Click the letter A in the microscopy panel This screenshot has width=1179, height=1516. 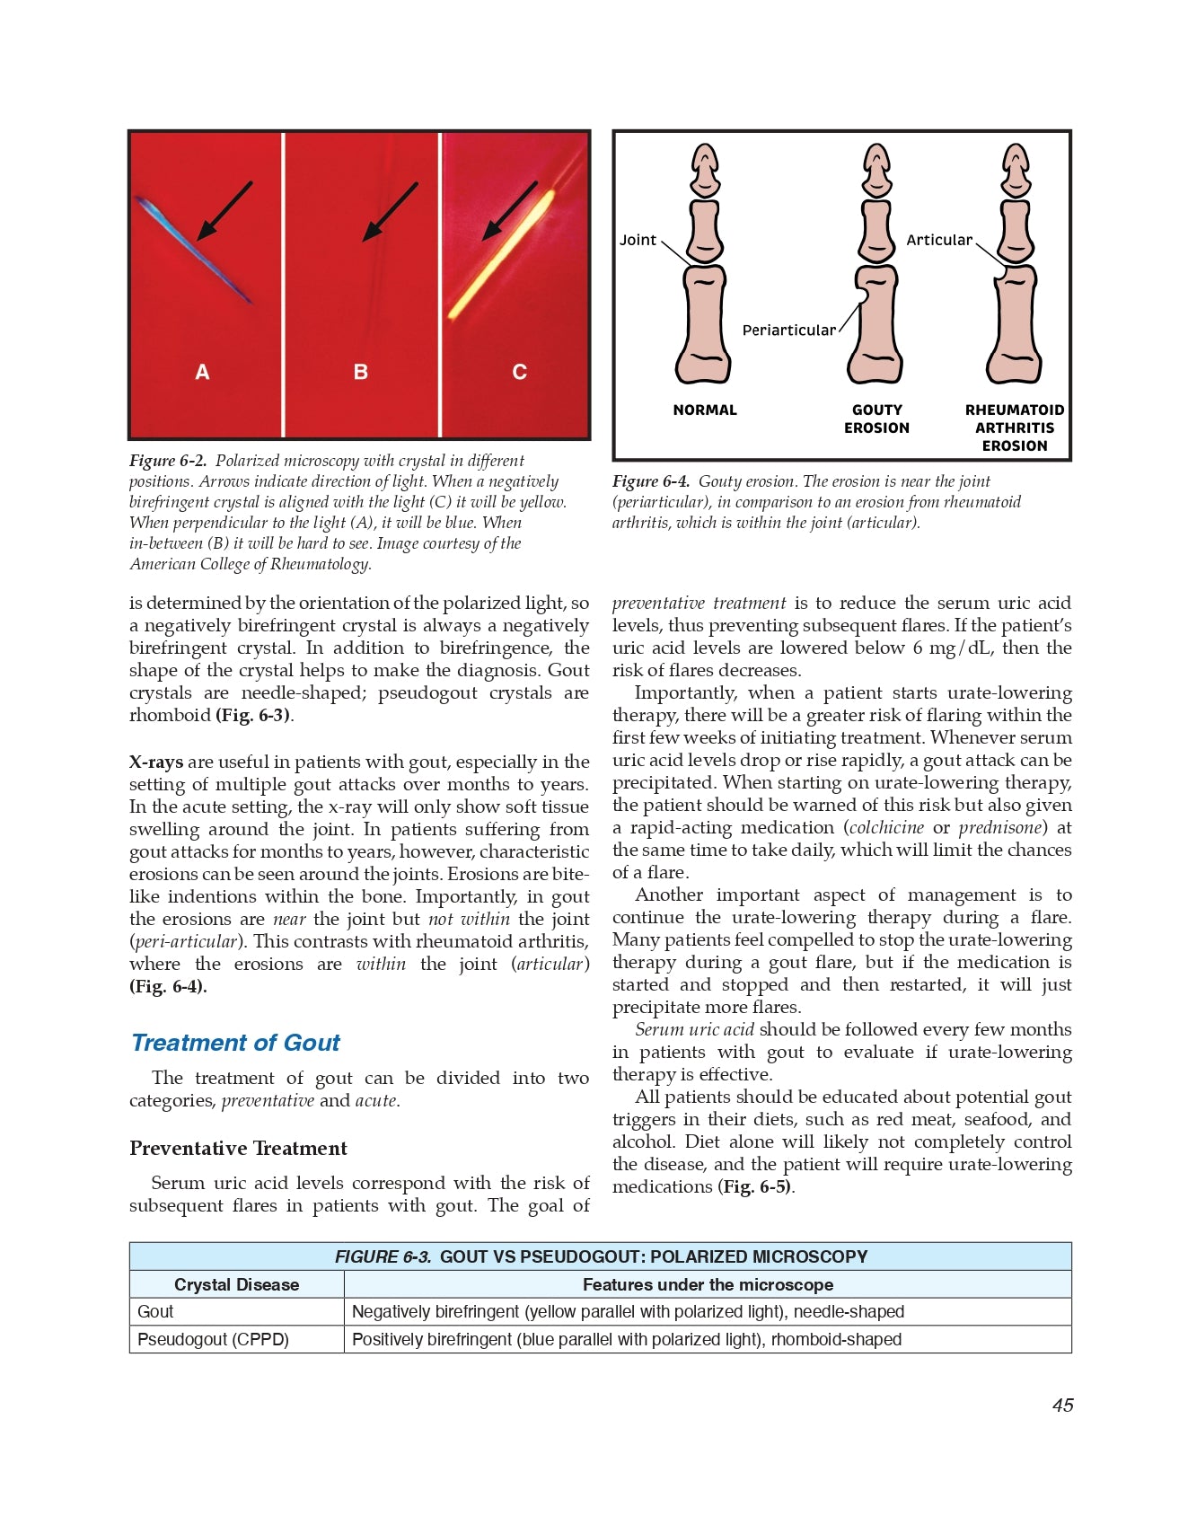[202, 372]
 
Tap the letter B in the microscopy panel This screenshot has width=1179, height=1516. [361, 372]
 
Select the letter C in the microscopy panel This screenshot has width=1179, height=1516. [519, 372]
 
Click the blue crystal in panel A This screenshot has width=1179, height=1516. [194, 251]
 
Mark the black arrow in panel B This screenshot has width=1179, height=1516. [390, 212]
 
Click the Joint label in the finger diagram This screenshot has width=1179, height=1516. [638, 240]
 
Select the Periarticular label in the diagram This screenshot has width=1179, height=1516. [788, 331]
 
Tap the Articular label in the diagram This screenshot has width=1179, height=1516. [938, 240]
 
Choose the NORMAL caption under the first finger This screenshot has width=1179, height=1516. [705, 410]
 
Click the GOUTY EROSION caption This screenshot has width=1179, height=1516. [876, 419]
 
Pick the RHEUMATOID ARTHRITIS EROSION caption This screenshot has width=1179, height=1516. [1015, 427]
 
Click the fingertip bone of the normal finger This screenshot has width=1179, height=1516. [706, 171]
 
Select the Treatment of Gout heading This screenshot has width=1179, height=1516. [235, 1043]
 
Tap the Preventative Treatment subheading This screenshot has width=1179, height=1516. [238, 1149]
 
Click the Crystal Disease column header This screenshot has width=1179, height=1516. [236, 1285]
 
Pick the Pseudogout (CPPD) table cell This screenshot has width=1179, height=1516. [213, 1340]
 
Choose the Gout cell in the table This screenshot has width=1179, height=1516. [155, 1312]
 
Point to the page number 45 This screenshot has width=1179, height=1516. [1062, 1406]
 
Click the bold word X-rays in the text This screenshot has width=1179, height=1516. [156, 762]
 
